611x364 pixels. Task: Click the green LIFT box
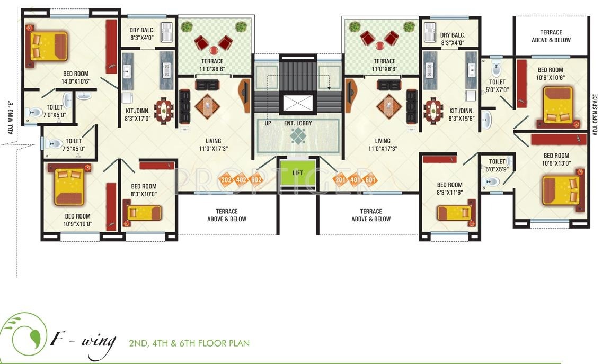pyautogui.click(x=298, y=172)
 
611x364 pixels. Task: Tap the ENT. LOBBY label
pyautogui.click(x=297, y=124)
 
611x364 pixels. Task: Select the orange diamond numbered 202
pyautogui.click(x=227, y=180)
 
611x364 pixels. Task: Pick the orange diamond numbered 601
pyautogui.click(x=370, y=180)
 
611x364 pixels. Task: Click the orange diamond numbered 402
pyautogui.click(x=242, y=180)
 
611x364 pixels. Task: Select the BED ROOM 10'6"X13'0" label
pyautogui.click(x=556, y=159)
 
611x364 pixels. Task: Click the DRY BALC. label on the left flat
pyautogui.click(x=141, y=34)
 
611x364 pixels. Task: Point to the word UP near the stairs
pyautogui.click(x=268, y=124)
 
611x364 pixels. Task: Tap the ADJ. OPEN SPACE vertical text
pyautogui.click(x=596, y=115)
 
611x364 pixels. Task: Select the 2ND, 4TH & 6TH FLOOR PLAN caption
pyautogui.click(x=189, y=343)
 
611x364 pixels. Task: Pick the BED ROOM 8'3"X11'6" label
pyautogui.click(x=449, y=189)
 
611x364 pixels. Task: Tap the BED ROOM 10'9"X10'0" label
pyautogui.click(x=77, y=220)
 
